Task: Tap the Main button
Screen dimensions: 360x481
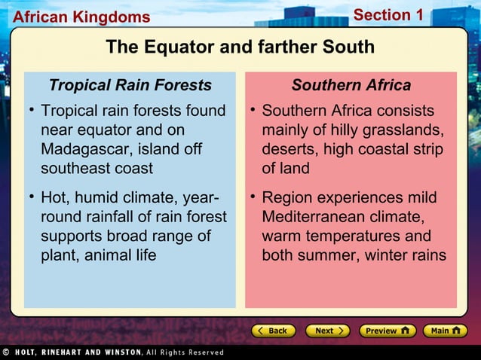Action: click(446, 331)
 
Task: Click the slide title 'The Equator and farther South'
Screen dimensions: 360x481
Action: click(240, 47)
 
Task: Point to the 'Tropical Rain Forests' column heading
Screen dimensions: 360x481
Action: click(130, 84)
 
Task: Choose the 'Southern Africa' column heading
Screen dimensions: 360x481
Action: click(351, 84)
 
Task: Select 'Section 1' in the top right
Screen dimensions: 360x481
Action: click(388, 15)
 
